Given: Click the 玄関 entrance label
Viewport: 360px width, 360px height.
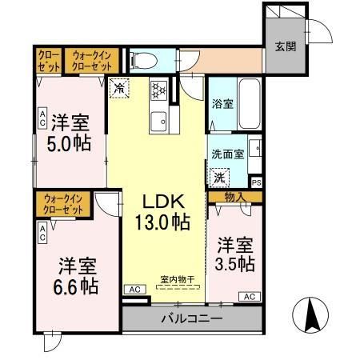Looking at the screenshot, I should (286, 46).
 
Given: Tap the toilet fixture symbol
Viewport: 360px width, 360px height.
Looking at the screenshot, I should (142, 59).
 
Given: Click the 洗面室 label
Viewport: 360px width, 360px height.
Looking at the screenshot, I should (227, 154).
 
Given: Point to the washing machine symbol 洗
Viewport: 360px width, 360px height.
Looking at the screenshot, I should (218, 177).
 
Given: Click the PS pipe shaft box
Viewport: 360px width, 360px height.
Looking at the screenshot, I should (256, 182).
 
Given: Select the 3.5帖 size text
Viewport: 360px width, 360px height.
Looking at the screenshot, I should (234, 262).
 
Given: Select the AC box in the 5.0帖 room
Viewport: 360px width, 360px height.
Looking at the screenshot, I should (42, 118).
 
